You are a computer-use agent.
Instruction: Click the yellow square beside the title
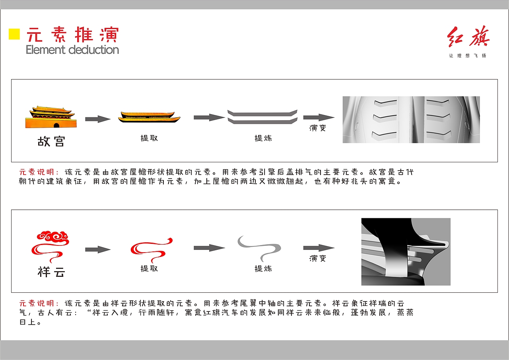(14, 34)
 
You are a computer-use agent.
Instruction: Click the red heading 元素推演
(72, 35)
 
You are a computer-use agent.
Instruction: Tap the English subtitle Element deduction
(72, 50)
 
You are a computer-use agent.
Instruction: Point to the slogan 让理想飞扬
(468, 56)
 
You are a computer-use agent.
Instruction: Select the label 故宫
(51, 142)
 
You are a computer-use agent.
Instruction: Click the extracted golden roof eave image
(149, 117)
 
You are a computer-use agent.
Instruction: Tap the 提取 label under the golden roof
(149, 138)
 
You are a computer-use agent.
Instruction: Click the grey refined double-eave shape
(262, 117)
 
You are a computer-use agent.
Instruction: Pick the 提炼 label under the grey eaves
(263, 138)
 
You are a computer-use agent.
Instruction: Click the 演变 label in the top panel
(318, 128)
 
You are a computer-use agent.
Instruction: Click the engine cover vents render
(411, 119)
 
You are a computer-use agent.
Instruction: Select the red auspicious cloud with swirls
(51, 243)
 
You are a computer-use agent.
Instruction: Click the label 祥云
(51, 272)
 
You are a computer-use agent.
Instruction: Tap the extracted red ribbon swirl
(151, 249)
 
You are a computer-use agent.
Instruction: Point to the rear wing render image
(406, 251)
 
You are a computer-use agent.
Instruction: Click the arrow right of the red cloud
(98, 249)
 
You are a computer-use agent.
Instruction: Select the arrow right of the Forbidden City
(98, 119)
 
